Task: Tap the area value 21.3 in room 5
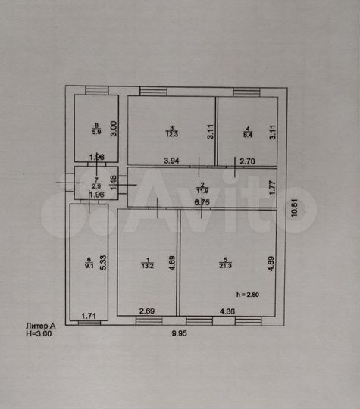[x=225, y=264]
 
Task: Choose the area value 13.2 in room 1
[x=148, y=264]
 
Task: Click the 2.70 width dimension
[x=248, y=161]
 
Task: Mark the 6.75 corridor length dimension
[x=201, y=202]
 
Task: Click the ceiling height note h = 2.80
[x=248, y=293]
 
